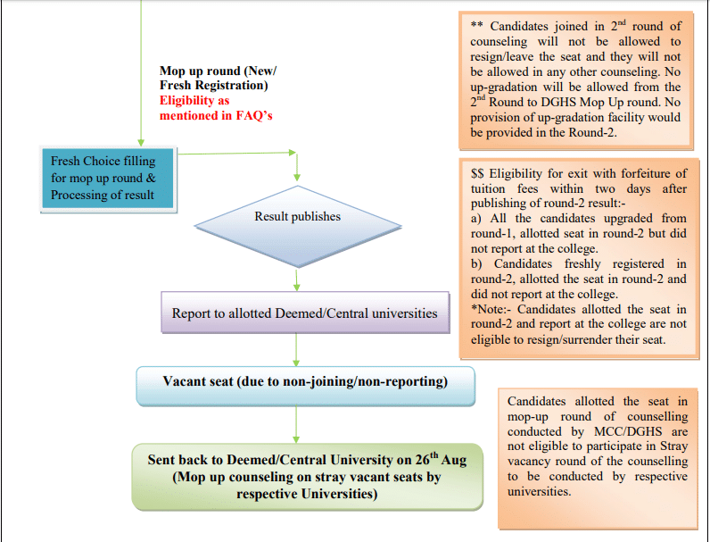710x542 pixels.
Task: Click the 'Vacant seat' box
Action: click(305, 382)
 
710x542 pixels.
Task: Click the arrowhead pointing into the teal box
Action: click(141, 141)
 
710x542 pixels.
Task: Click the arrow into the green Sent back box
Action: click(296, 423)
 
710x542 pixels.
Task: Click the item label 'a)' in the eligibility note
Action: click(477, 217)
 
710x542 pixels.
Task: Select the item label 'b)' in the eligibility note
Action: click(477, 263)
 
